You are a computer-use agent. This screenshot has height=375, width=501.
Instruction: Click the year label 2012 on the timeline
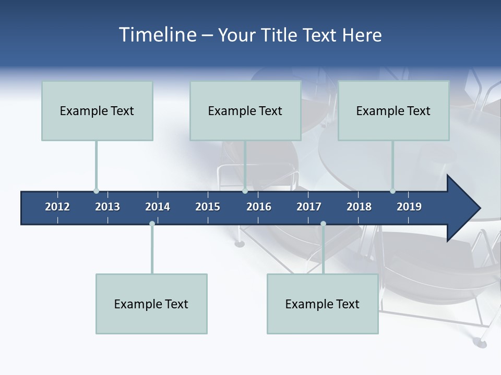coord(57,207)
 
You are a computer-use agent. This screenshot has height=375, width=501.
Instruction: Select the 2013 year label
coord(108,207)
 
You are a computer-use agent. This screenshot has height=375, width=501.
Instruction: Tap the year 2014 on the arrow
coord(158,207)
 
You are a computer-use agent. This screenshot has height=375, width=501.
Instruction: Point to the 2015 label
coord(208,207)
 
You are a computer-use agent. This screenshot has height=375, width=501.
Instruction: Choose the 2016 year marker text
coord(259,207)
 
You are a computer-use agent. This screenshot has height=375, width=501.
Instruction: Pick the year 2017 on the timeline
coord(309,207)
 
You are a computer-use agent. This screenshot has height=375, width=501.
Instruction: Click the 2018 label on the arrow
coord(359,207)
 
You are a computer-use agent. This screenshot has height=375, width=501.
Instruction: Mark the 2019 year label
coord(409,207)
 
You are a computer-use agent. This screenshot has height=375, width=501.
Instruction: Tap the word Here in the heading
coord(362,35)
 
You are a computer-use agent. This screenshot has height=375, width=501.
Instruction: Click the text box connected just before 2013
coord(97,110)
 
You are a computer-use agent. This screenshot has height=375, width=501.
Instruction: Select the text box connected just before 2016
coord(245,110)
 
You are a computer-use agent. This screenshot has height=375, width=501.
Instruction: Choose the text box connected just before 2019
coord(393,110)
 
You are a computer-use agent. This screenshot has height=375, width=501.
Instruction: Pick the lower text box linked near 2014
coord(151,304)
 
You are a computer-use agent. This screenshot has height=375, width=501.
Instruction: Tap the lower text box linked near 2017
coord(323,304)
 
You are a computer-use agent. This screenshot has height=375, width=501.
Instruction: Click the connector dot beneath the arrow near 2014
coord(152,224)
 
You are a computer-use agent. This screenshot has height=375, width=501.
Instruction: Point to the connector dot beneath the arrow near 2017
coord(323,224)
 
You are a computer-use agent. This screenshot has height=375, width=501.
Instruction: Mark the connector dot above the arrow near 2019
coord(392,191)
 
